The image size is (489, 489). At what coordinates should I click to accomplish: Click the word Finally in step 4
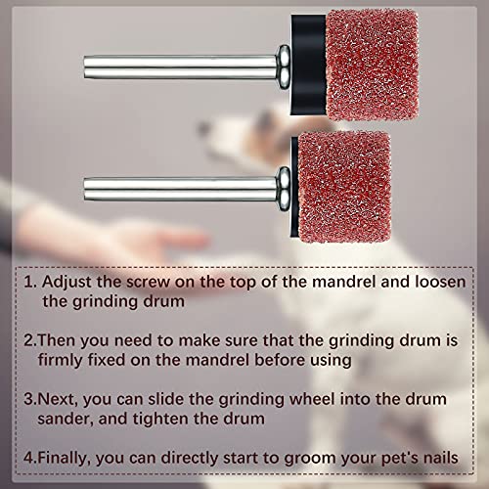[75, 457]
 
